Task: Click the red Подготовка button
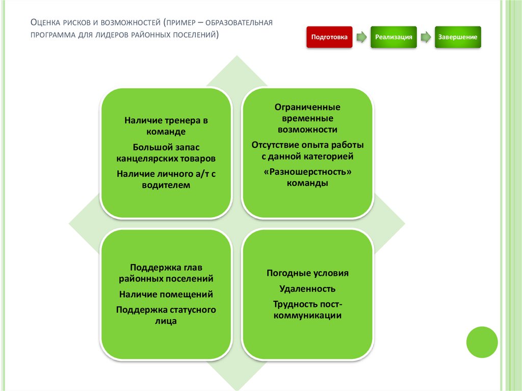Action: coord(329,37)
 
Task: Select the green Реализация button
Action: coord(394,37)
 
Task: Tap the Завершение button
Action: coord(457,37)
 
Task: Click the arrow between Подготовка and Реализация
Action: coord(361,38)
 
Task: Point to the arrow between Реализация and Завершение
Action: coord(425,38)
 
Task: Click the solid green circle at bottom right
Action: coord(481,342)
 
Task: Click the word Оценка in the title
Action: coord(45,23)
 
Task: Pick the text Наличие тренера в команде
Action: coord(166,126)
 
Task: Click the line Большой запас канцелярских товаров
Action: coord(166,152)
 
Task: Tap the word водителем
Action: coord(166,185)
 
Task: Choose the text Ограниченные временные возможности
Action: coord(307,118)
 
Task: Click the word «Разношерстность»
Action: coord(307,172)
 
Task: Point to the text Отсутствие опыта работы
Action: coord(307,145)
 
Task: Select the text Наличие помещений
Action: coord(166,294)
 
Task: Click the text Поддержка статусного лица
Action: coord(166,315)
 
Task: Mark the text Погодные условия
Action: coord(307,273)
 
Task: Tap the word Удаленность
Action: coord(307,289)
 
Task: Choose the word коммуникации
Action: coord(307,316)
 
